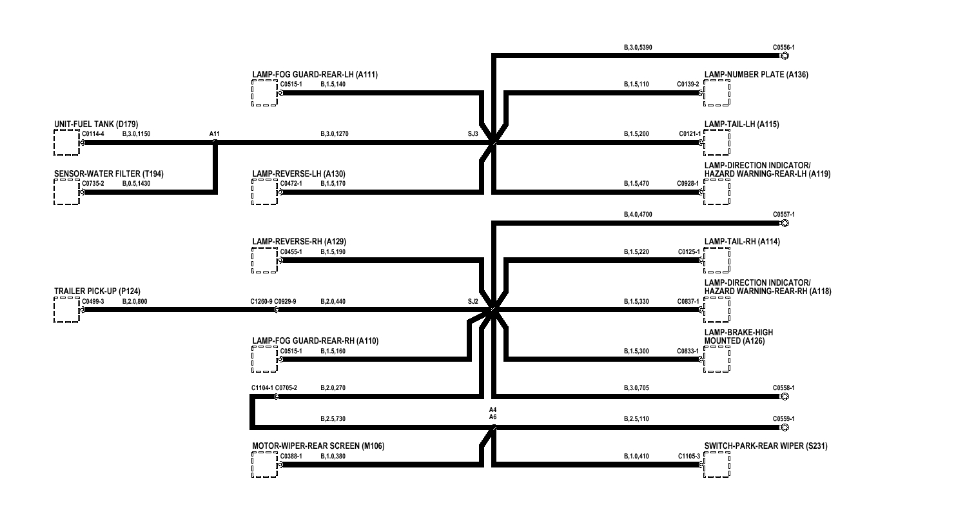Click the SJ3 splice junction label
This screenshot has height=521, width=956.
click(x=473, y=134)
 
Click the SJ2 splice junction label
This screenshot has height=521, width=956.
click(x=473, y=301)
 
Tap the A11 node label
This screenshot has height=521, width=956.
click(x=215, y=134)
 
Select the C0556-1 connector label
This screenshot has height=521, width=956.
click(x=783, y=48)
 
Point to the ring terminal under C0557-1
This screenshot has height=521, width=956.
click(x=784, y=224)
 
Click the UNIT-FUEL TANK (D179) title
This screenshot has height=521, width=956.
click(x=96, y=124)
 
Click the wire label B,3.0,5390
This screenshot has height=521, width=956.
click(x=638, y=48)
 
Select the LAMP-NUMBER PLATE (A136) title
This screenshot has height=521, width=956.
click(x=756, y=75)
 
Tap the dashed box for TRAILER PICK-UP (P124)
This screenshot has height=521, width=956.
click(x=66, y=310)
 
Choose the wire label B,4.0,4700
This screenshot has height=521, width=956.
click(x=638, y=214)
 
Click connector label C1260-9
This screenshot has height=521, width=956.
click(x=261, y=301)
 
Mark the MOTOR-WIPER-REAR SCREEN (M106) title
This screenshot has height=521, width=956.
click(x=318, y=446)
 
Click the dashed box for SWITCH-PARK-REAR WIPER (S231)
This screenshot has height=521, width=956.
click(x=717, y=464)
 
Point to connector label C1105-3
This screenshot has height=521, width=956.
click(x=688, y=457)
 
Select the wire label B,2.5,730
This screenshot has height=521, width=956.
click(x=333, y=419)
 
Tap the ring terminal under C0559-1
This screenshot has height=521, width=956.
click(x=784, y=428)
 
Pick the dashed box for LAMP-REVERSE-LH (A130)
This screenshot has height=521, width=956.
click(x=265, y=192)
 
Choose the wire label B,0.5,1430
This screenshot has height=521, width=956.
click(x=136, y=184)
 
